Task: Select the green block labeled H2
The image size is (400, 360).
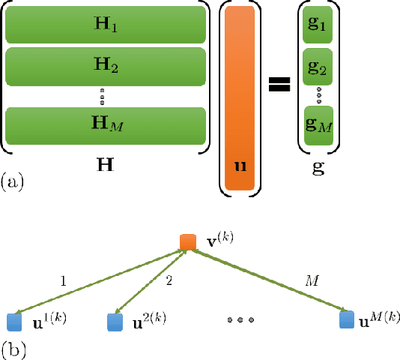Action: pyautogui.click(x=106, y=65)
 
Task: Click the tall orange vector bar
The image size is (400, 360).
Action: pyautogui.click(x=240, y=98)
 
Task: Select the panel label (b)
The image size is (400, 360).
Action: pyautogui.click(x=13, y=348)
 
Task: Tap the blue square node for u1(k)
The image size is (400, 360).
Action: pyautogui.click(x=15, y=322)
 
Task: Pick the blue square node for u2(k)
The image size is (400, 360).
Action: pyautogui.click(x=114, y=322)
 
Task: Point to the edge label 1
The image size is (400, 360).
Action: pyautogui.click(x=64, y=281)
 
